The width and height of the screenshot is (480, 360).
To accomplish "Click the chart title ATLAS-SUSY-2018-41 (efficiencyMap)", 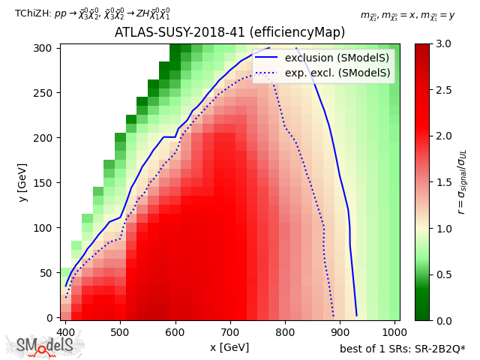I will point(229,33).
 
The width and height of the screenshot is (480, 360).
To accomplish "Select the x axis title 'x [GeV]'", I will point(229,346).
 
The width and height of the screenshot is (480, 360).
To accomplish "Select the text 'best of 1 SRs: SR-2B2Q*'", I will point(402,348).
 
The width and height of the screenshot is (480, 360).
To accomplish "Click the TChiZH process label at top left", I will point(92,13).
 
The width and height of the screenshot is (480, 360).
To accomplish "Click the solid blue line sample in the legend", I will point(268,58).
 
